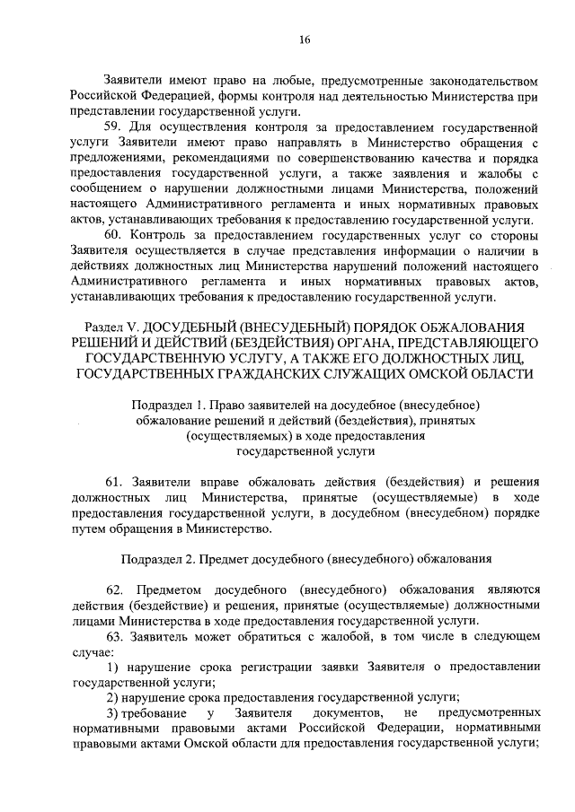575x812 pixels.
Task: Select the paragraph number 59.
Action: click(112, 127)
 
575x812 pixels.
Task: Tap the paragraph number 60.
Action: click(112, 235)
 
